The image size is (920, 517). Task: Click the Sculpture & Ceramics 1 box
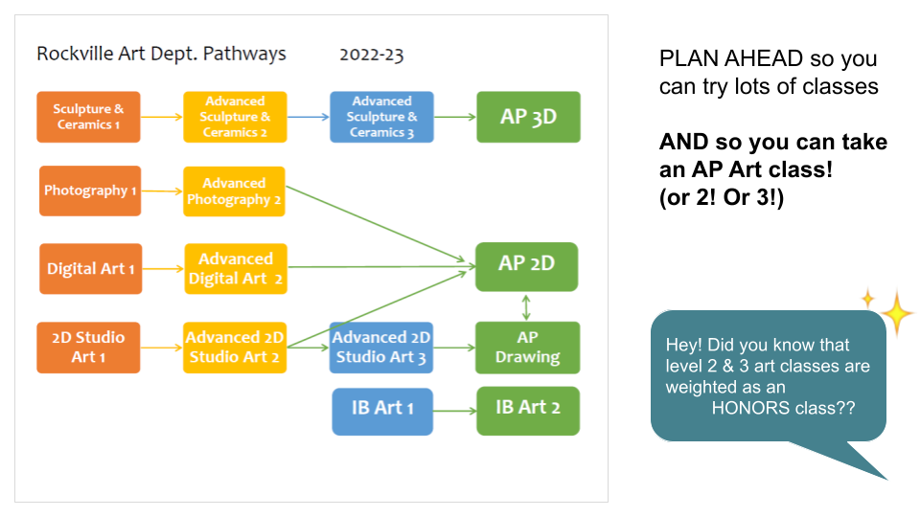[88, 117]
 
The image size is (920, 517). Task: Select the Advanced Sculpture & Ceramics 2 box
[235, 117]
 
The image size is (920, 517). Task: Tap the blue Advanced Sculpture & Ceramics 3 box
[382, 117]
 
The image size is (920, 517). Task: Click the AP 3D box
[529, 117]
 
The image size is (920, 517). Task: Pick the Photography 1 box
[90, 191]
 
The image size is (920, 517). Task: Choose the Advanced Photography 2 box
[234, 191]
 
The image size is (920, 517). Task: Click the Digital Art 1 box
[91, 268]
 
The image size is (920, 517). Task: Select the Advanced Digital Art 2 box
[236, 268]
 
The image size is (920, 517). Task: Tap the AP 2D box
[527, 267]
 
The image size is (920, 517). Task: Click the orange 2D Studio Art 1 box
[88, 348]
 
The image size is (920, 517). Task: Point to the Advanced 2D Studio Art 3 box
[381, 348]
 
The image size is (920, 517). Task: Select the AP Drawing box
[527, 348]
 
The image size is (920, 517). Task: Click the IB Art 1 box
[382, 412]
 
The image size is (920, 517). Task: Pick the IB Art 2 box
[528, 411]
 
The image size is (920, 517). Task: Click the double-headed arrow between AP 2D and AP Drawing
[526, 307]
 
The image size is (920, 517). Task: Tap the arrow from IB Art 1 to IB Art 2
[454, 411]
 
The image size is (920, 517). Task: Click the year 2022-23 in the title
[372, 55]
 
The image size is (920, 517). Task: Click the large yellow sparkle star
[897, 313]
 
